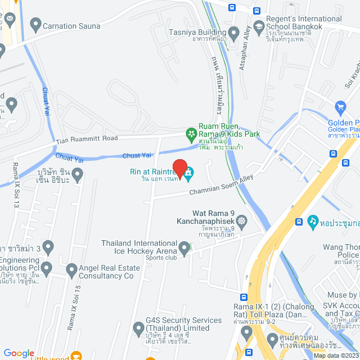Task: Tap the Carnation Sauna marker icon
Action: [37, 25]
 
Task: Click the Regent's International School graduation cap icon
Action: [258, 26]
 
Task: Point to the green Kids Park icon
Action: [191, 134]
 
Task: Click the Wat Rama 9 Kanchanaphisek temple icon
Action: [242, 220]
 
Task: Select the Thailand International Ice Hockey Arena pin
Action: [184, 247]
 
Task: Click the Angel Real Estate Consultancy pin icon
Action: [71, 271]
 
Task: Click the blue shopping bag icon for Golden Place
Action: [340, 107]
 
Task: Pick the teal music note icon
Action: [313, 221]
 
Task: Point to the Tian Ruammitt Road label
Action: [87, 139]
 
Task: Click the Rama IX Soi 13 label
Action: [16, 180]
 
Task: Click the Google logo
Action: [19, 353]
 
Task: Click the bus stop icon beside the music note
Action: [298, 221]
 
